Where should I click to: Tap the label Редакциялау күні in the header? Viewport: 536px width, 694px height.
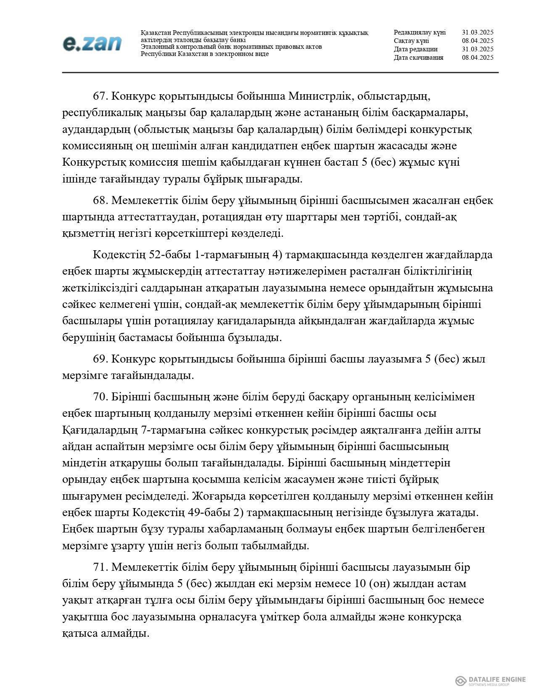click(x=420, y=32)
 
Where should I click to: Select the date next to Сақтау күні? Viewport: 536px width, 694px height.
click(x=477, y=41)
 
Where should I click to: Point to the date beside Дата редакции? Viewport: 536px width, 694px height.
click(x=477, y=49)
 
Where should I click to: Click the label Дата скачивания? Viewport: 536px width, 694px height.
click(x=418, y=58)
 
